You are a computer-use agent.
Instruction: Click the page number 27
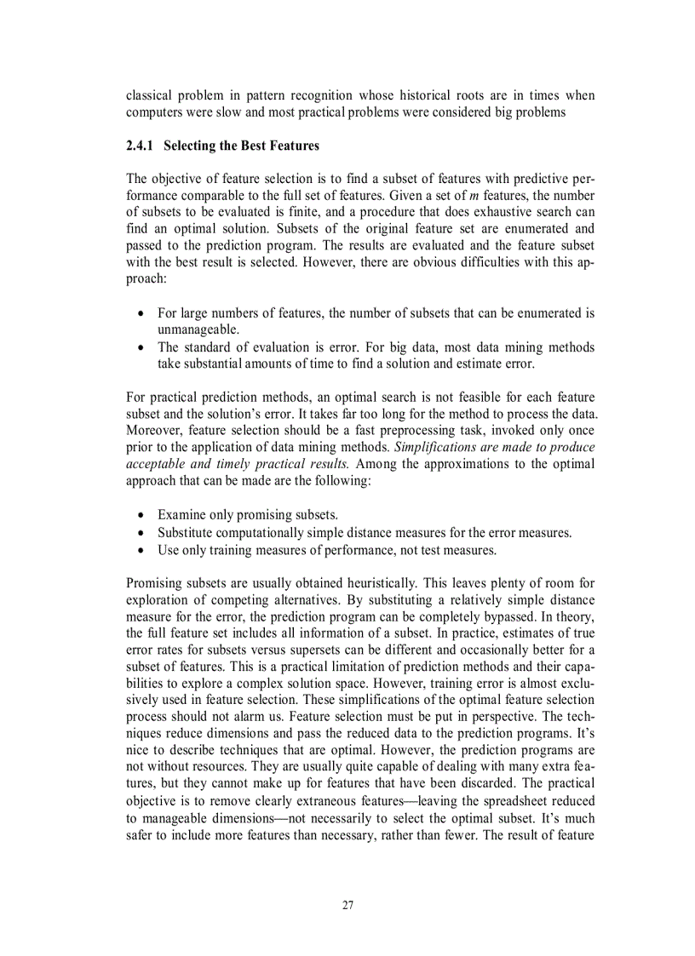coord(347,904)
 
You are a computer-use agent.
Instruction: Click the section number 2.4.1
coord(141,146)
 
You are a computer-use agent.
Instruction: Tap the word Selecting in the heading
coord(192,146)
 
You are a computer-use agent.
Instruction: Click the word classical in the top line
coord(150,95)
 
